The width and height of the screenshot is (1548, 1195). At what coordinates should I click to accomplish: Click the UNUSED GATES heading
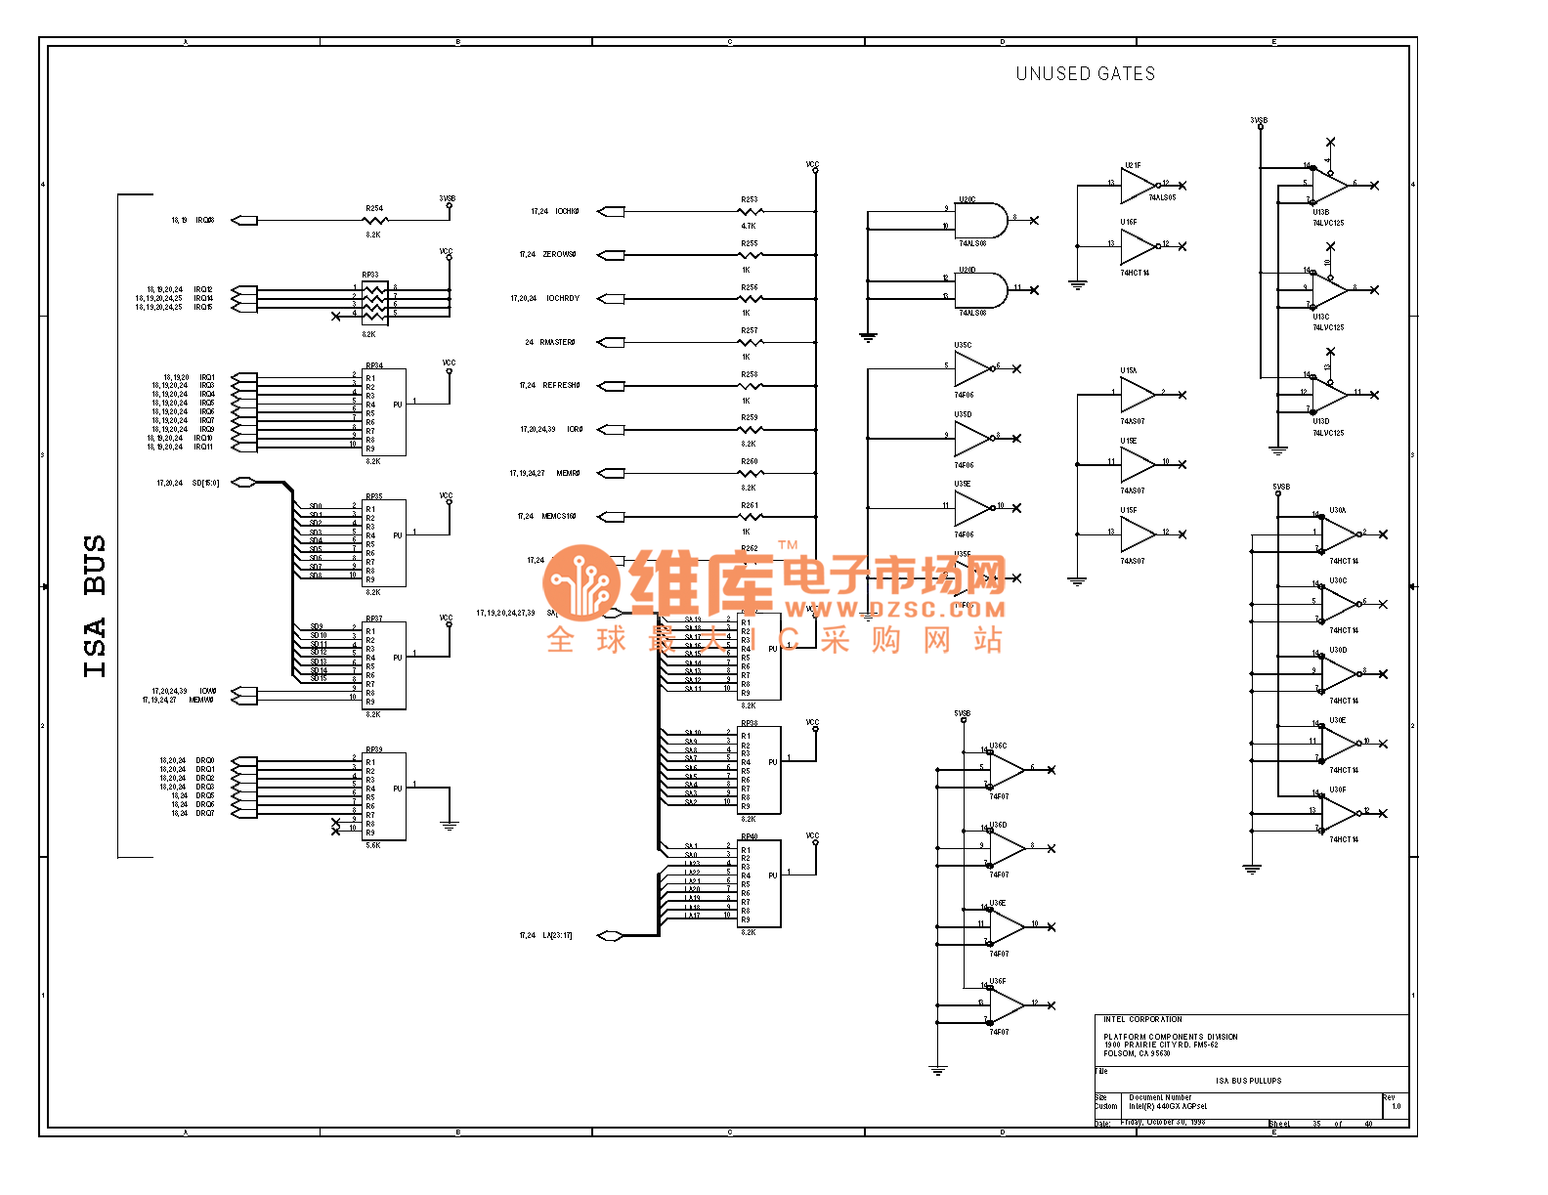1085,74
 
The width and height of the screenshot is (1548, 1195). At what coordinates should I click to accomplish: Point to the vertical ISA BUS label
95,606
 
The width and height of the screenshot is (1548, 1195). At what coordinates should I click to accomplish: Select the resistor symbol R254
374,221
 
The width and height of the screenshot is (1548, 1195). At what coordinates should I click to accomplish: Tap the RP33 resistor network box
375,303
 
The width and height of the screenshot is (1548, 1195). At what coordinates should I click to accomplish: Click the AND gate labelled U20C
981,221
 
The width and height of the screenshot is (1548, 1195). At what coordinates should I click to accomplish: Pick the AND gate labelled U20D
981,290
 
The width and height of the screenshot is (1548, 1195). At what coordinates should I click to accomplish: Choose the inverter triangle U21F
1137,186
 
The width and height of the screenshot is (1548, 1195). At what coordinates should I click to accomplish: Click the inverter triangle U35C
971,369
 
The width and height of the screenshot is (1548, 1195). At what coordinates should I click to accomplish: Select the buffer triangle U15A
1137,395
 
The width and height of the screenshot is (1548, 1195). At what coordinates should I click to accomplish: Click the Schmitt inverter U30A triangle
1338,534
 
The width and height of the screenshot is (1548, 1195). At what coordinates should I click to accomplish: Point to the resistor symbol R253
750,211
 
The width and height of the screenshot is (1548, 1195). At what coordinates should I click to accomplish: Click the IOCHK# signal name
568,212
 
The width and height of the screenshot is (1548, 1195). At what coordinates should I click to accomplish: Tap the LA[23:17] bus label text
557,936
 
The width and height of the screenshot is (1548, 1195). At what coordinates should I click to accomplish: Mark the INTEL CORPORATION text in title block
1142,1020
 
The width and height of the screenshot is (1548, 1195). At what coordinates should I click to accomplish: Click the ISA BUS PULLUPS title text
1248,1081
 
